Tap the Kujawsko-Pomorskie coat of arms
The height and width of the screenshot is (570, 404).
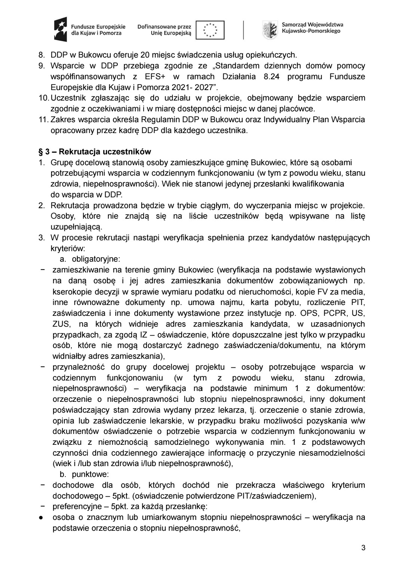(270, 29)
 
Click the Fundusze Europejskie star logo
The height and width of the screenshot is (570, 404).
(60, 30)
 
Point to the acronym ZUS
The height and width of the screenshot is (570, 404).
(60, 324)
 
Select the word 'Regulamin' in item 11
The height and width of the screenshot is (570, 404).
(142, 120)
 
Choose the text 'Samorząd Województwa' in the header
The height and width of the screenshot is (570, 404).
(312, 25)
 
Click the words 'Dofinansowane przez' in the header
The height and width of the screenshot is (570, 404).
(164, 27)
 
